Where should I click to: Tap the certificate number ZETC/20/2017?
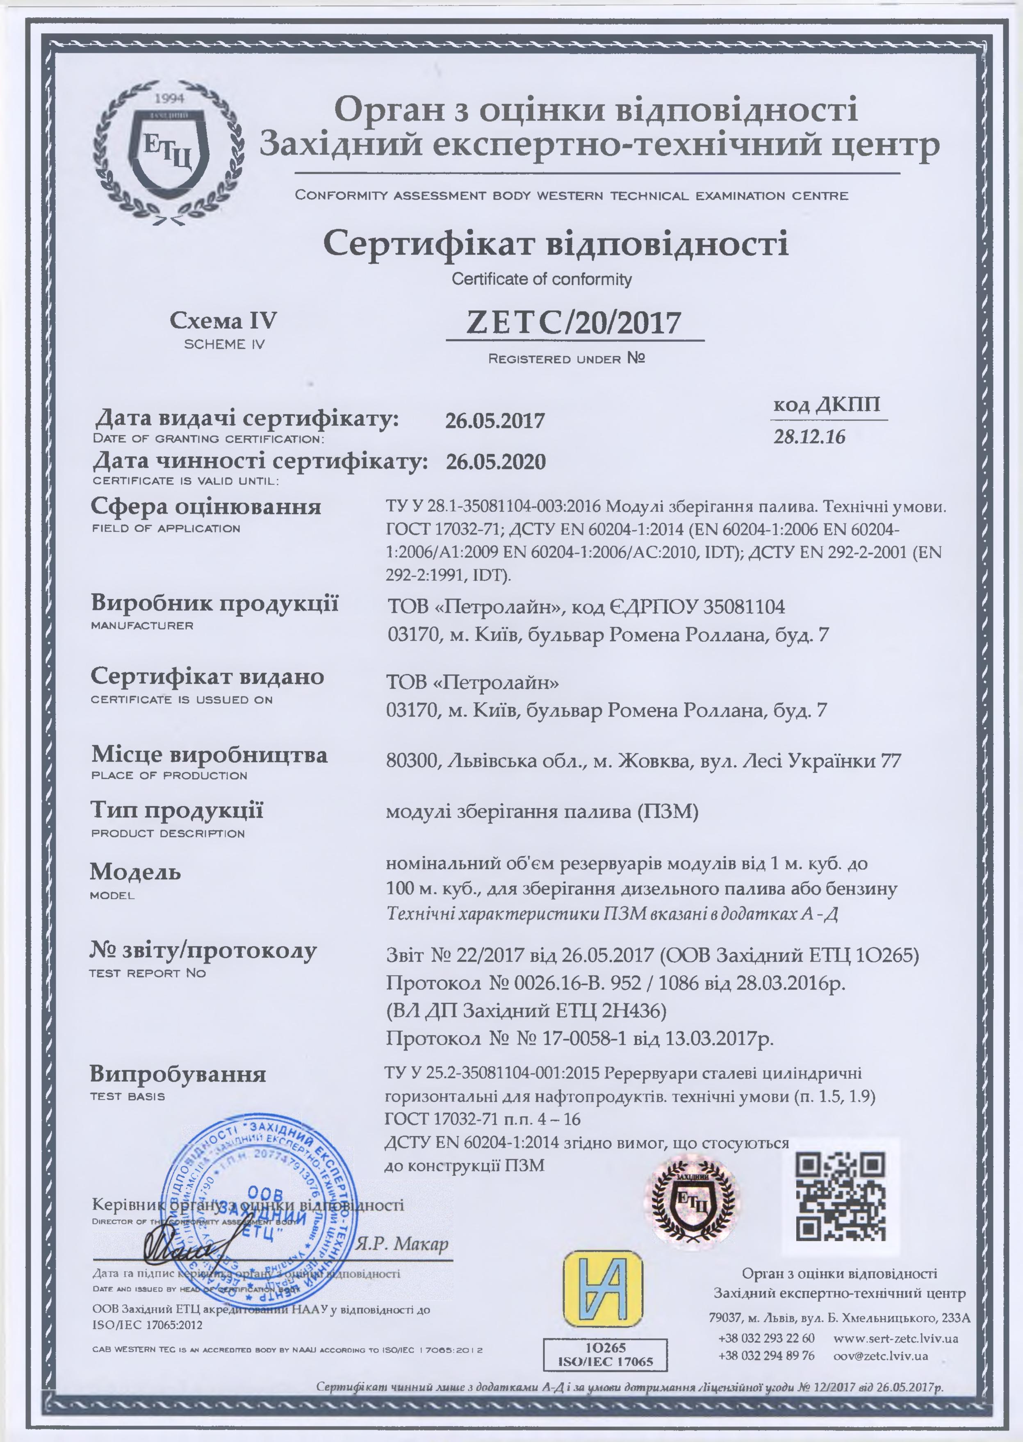(573, 323)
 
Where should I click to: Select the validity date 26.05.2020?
(496, 462)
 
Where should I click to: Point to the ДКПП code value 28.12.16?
(809, 437)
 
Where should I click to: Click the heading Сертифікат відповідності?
(556, 244)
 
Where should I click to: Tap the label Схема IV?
(223, 321)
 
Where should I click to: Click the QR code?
(841, 1196)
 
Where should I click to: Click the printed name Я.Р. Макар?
(402, 1244)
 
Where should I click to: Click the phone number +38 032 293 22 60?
(766, 1338)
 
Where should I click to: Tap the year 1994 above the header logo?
(167, 98)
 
